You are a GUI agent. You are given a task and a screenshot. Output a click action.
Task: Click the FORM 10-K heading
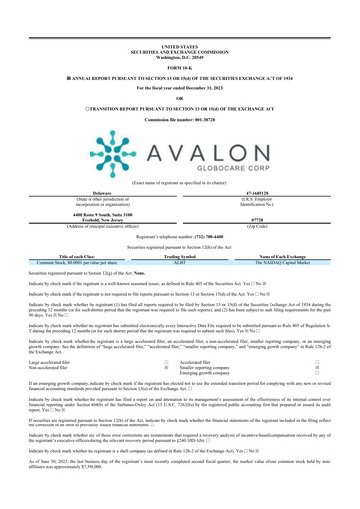pyautogui.click(x=180, y=39)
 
